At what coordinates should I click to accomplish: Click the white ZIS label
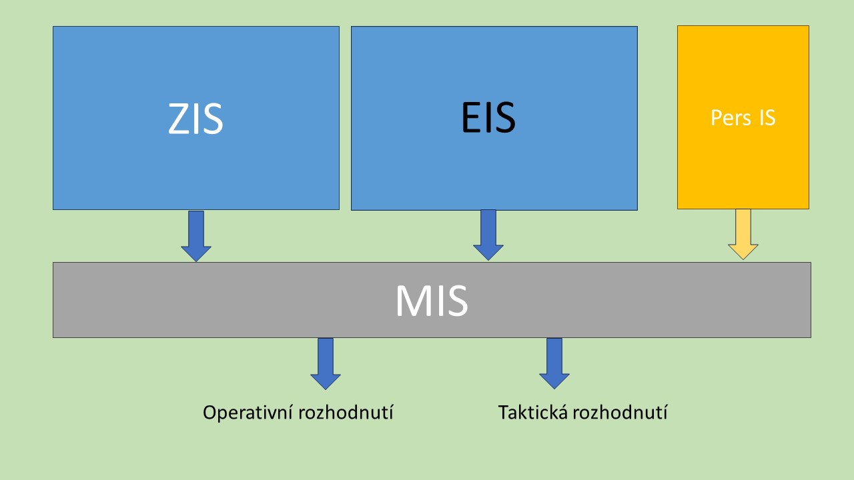coord(195,119)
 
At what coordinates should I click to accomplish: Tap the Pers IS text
coord(743,118)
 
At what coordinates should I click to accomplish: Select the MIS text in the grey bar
coord(431,301)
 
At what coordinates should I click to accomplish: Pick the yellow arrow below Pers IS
coord(743,233)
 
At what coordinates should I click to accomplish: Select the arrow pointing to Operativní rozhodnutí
coord(326,363)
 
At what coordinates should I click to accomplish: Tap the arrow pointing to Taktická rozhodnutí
coord(554,363)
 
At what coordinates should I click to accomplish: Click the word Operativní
coord(240,413)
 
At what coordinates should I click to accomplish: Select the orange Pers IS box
coord(743,167)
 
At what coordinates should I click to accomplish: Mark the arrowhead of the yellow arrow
coord(743,251)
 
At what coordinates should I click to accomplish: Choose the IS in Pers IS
coord(767,118)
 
